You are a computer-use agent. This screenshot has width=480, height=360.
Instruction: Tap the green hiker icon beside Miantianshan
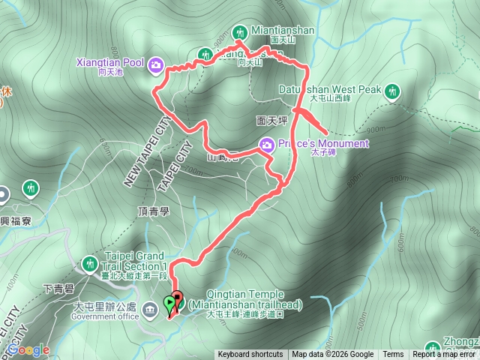click(x=240, y=32)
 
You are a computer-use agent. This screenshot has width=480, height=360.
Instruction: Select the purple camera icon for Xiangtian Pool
click(x=156, y=64)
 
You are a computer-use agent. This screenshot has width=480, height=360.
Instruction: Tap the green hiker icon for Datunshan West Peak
click(x=391, y=91)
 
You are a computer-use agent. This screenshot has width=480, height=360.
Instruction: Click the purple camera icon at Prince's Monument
click(x=266, y=144)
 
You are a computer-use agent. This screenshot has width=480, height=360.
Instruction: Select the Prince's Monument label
click(x=323, y=143)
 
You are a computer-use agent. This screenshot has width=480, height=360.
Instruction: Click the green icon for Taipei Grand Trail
click(x=89, y=263)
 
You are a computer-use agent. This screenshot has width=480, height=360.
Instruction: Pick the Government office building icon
click(x=148, y=307)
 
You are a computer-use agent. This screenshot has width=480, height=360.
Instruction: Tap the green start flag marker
click(x=169, y=304)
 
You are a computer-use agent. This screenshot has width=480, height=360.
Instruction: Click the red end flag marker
click(x=178, y=298)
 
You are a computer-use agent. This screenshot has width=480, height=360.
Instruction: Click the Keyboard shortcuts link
click(x=250, y=355)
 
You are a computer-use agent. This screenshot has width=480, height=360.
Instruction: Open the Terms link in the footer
click(x=393, y=355)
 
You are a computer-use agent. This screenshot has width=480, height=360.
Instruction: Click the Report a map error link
click(x=445, y=355)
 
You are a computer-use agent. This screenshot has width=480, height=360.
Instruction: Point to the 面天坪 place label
click(x=271, y=119)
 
